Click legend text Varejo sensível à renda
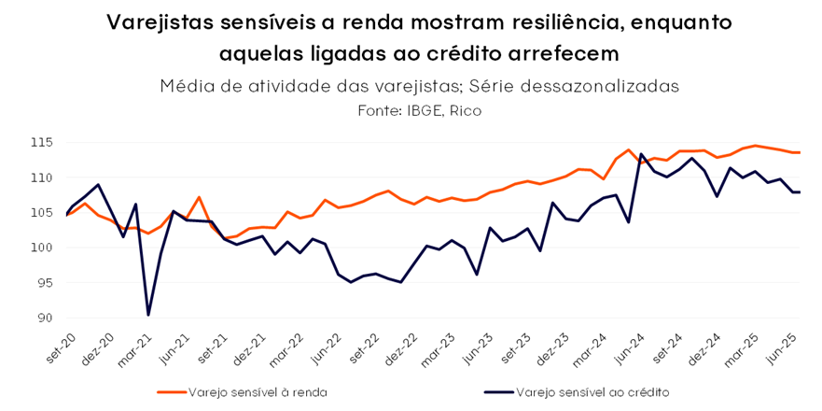pyautogui.click(x=258, y=392)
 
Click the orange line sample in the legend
pyautogui.click(x=171, y=392)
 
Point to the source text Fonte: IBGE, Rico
pyautogui.click(x=411, y=110)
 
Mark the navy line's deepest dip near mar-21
pyautogui.click(x=148, y=315)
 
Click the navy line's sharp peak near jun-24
pyautogui.click(x=642, y=154)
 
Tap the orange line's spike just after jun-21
pyautogui.click(x=199, y=197)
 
